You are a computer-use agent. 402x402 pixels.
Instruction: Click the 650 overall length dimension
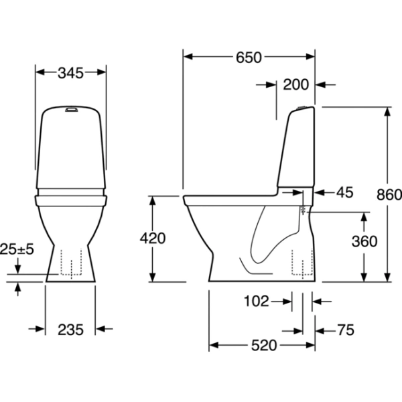tap(249, 58)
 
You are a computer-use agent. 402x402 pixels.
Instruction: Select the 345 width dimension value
tap(70, 73)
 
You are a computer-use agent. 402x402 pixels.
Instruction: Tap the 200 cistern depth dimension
tap(295, 84)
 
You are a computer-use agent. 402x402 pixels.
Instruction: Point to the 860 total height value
tap(389, 195)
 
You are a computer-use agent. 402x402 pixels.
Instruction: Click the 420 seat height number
tap(153, 238)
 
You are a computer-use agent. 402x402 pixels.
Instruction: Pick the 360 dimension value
tap(364, 241)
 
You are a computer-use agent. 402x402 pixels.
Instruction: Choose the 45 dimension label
tap(345, 192)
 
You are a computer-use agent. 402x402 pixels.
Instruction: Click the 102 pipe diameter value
tap(256, 301)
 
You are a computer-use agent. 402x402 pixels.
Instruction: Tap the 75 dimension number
tap(346, 330)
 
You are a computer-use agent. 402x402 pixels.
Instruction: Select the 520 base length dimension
tap(264, 345)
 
